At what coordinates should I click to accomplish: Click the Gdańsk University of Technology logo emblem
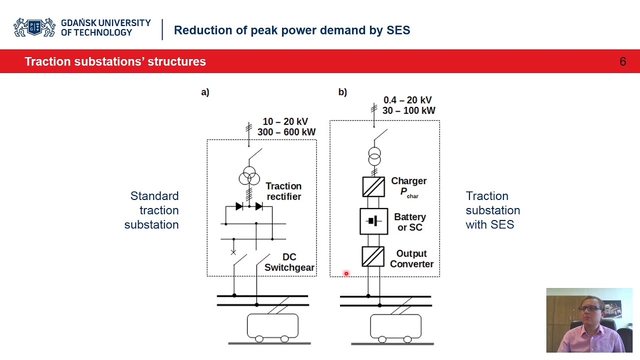(34, 27)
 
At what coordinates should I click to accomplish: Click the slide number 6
(622, 61)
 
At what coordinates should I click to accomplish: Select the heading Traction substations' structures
(115, 61)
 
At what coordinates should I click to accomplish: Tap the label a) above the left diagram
(205, 92)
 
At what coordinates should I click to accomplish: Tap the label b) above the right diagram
(342, 92)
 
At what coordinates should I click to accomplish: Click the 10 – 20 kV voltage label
(285, 121)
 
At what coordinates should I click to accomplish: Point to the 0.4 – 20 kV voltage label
(407, 100)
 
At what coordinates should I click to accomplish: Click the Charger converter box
(373, 186)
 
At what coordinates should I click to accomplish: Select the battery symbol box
(373, 221)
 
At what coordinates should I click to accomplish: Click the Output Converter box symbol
(373, 257)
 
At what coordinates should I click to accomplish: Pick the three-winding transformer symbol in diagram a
(249, 176)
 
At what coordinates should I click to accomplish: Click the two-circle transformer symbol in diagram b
(374, 156)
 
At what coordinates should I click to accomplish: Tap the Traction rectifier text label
(283, 191)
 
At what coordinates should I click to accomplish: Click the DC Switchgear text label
(289, 262)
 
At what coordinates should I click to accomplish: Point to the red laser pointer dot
(346, 273)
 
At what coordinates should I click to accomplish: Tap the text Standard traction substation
(152, 210)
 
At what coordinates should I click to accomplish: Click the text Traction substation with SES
(492, 210)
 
